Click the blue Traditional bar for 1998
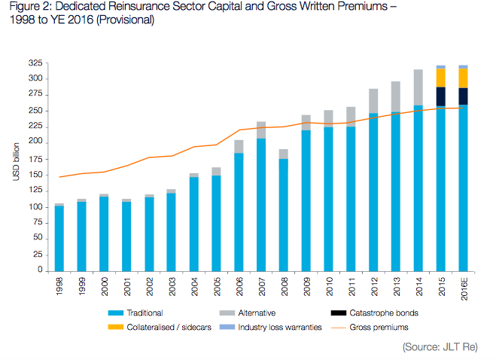[x=59, y=238]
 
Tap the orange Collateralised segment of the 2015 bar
[x=441, y=78]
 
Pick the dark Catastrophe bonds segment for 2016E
[x=463, y=96]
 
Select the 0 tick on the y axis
[x=39, y=270]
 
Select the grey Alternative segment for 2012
[x=373, y=101]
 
